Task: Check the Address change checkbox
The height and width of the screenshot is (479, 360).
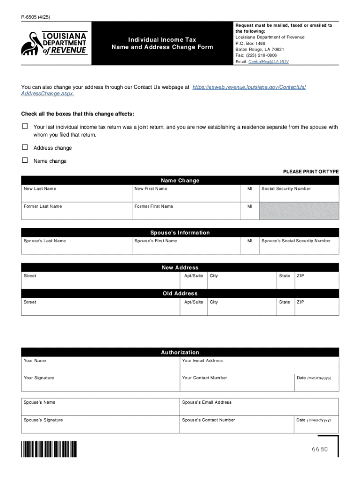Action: pyautogui.click(x=25, y=147)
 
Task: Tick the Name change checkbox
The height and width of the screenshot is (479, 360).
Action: pyautogui.click(x=25, y=160)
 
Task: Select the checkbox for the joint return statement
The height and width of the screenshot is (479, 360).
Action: pyautogui.click(x=25, y=126)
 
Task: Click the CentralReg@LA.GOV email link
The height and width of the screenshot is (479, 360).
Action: pyautogui.click(x=268, y=62)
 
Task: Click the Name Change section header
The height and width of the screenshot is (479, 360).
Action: pyautogui.click(x=180, y=181)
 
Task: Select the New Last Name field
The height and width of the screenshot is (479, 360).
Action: pyautogui.click(x=77, y=195)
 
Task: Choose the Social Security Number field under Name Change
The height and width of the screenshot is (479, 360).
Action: pyautogui.click(x=299, y=195)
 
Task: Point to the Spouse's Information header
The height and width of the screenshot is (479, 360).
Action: pyautogui.click(x=180, y=232)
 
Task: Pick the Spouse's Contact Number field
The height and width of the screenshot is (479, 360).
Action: pyautogui.click(x=237, y=426)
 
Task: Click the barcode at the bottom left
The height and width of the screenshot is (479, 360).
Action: pyautogui.click(x=49, y=449)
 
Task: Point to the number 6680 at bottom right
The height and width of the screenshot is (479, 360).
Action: pyautogui.click(x=320, y=450)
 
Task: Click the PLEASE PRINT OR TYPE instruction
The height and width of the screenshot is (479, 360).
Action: pyautogui.click(x=310, y=172)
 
